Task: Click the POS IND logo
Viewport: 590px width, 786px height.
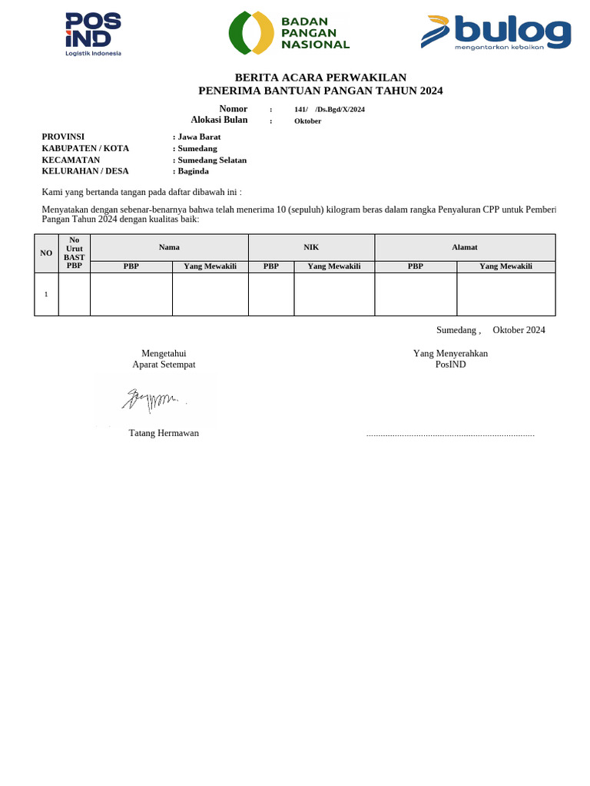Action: (93, 34)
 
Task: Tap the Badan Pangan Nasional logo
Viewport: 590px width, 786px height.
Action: (289, 33)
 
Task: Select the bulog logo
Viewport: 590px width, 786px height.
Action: (496, 33)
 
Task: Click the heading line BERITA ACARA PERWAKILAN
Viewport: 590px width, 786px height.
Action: (320, 78)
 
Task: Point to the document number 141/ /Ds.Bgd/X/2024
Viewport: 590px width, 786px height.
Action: (329, 109)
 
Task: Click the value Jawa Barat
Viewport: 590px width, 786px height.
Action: (198, 137)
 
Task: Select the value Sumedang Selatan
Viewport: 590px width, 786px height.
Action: (211, 160)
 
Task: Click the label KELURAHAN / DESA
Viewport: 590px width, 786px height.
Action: (85, 171)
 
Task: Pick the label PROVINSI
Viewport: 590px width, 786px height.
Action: (63, 137)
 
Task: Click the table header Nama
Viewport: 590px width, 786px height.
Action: (169, 247)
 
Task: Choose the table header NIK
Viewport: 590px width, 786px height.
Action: (311, 247)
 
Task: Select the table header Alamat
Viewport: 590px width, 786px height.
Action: (464, 247)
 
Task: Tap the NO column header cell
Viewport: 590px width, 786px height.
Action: (46, 253)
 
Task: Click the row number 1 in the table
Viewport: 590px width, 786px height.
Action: (46, 294)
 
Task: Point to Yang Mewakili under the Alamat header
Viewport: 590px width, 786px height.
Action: (505, 266)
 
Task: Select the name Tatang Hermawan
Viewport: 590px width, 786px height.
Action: (164, 433)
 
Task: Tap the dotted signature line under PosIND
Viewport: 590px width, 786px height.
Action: (450, 435)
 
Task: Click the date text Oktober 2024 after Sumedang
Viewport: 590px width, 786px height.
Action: (519, 330)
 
